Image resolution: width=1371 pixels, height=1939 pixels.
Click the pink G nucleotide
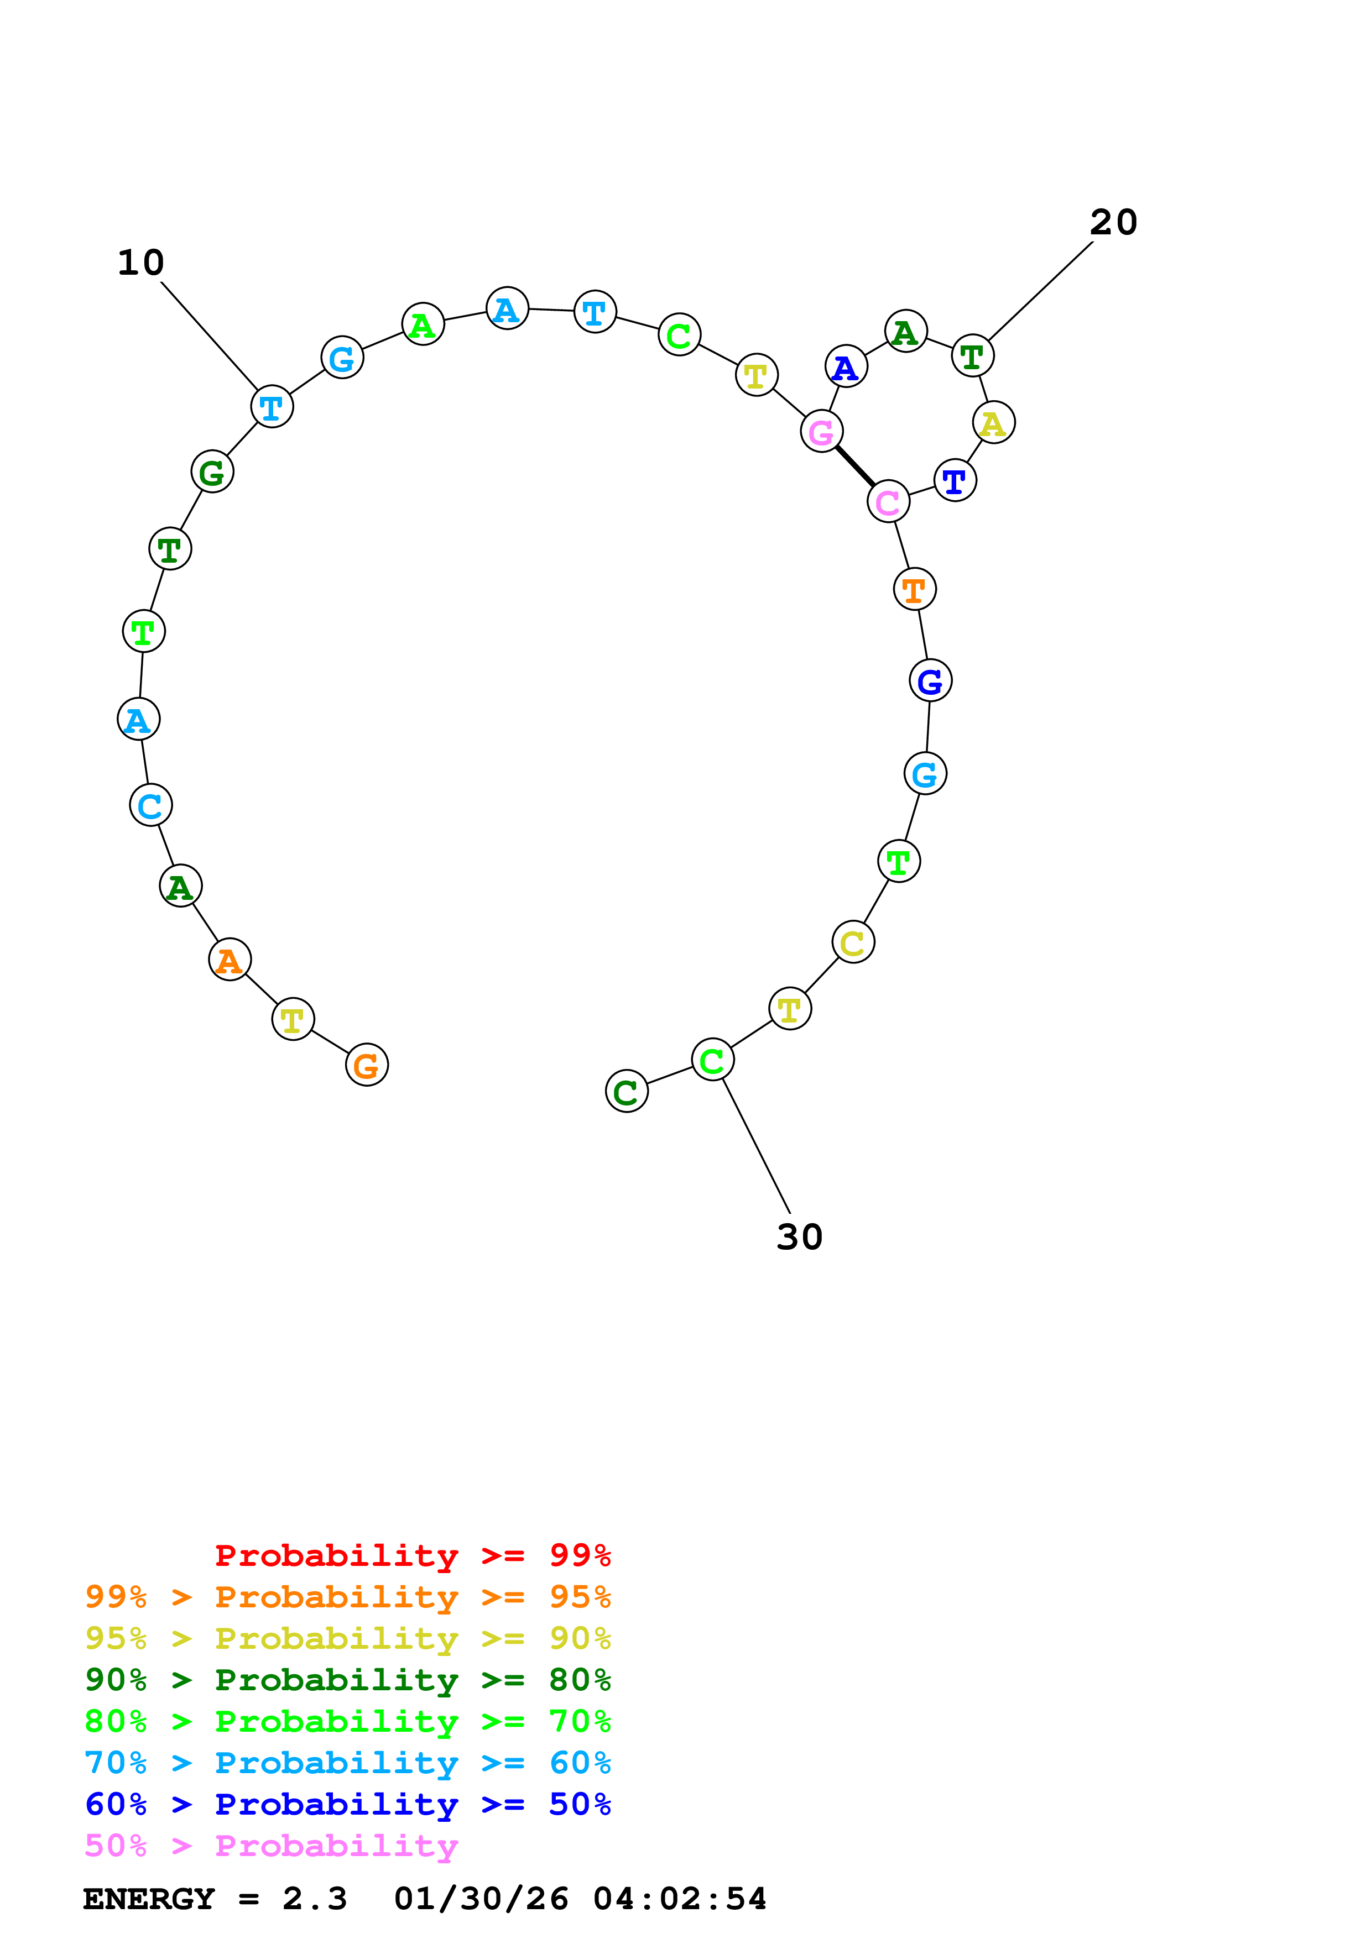coord(821,432)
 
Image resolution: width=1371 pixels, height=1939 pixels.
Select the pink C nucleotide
coord(888,502)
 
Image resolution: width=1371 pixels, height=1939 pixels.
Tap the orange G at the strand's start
coord(367,1065)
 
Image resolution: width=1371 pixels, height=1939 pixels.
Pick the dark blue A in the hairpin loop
coord(846,366)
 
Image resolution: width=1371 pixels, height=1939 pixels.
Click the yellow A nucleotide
coord(993,422)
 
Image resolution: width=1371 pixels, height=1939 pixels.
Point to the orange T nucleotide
coord(914,589)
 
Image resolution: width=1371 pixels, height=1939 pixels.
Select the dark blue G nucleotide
coord(930,680)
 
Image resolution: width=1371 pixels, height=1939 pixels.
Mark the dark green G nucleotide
coord(212,471)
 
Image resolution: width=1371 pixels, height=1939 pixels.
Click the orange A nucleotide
coord(229,960)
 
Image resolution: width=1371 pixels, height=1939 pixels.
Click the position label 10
coord(140,263)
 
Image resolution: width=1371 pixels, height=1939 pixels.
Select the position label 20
coord(1113,222)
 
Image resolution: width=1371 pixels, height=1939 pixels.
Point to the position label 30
coord(799,1237)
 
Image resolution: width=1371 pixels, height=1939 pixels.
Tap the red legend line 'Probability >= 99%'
coord(412,1555)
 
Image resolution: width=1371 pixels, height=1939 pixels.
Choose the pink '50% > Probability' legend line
coord(270,1846)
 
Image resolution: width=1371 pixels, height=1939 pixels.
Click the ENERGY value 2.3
coord(314,1899)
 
